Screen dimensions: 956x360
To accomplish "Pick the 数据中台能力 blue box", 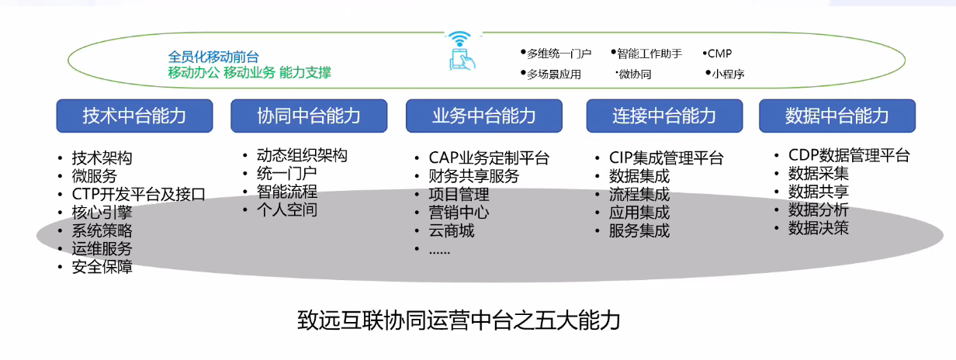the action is pyautogui.click(x=837, y=116).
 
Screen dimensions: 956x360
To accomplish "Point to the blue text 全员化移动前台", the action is pyautogui.click(x=213, y=57).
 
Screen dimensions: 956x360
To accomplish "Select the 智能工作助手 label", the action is pyautogui.click(x=649, y=54).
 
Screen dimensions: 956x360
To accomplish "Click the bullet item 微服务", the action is pyautogui.click(x=94, y=176).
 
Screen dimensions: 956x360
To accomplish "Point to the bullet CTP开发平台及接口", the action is pyautogui.click(x=138, y=194).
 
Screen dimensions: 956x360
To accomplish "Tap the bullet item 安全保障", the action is pyautogui.click(x=102, y=267).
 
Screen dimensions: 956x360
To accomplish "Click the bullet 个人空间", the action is pyautogui.click(x=286, y=209).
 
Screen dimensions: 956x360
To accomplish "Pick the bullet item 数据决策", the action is pyautogui.click(x=818, y=228).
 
